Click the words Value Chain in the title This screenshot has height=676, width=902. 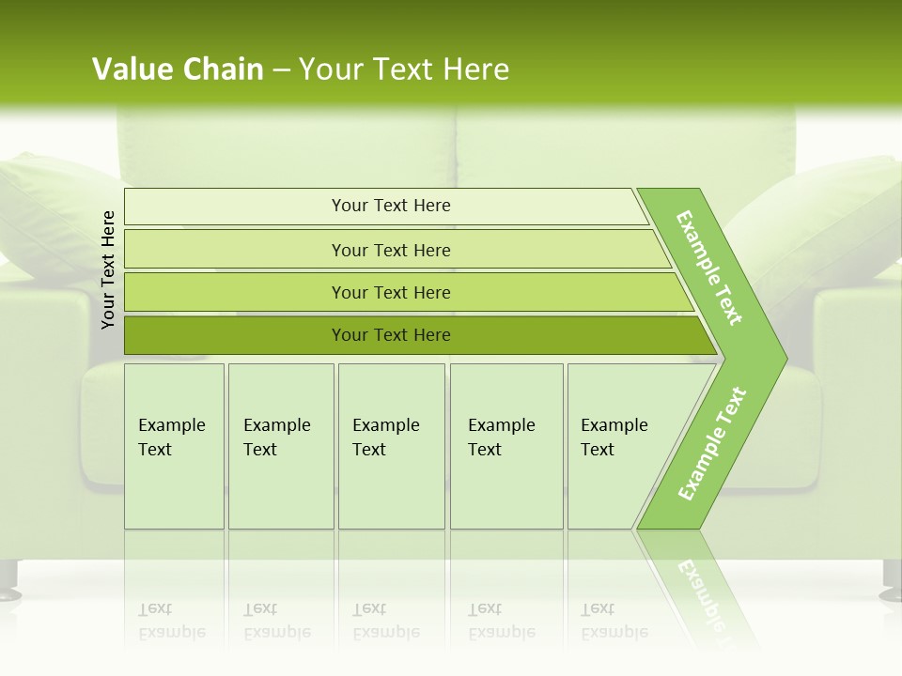[178, 69]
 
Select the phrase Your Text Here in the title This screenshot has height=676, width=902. [404, 69]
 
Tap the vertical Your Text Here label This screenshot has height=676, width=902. [108, 269]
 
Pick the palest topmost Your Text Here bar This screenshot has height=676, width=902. [391, 206]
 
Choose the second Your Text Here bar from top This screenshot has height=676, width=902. [391, 250]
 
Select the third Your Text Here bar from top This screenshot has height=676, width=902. [391, 293]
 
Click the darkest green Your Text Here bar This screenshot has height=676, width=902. [391, 335]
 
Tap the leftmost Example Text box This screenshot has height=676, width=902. [173, 445]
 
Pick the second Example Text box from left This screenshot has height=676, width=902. [280, 445]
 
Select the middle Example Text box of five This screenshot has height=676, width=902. [390, 445]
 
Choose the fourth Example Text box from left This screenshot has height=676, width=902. [505, 445]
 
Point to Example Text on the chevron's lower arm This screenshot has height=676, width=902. [712, 443]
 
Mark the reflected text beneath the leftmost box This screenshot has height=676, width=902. [172, 622]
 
